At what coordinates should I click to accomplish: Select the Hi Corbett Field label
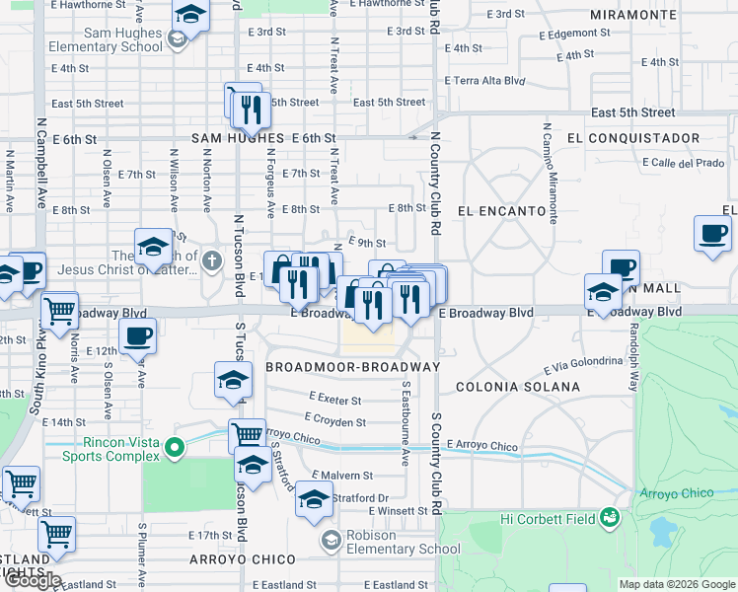pos(550,518)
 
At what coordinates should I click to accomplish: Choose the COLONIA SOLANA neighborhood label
pos(518,386)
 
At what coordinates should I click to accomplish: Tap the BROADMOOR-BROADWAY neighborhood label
pos(352,367)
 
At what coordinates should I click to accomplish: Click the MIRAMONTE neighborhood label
pos(632,15)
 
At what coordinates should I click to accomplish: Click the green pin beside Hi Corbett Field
pos(611,517)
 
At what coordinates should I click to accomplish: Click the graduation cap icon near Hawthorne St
pos(190,15)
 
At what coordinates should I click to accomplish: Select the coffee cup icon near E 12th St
pos(137,334)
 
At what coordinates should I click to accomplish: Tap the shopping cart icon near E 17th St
pos(56,534)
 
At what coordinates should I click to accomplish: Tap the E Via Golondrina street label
pos(582,366)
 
